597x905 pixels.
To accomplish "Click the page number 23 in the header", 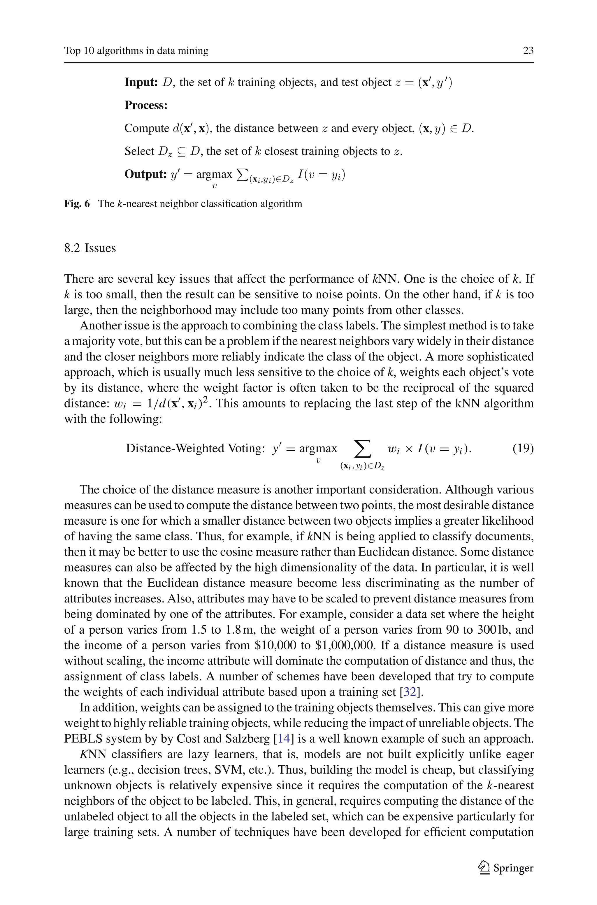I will [528, 51].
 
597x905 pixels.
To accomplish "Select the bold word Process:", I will [146, 106].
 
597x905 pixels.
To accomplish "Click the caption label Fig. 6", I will [77, 204].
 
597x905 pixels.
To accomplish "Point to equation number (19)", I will [523, 448].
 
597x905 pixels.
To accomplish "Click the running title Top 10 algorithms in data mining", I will [136, 51].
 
